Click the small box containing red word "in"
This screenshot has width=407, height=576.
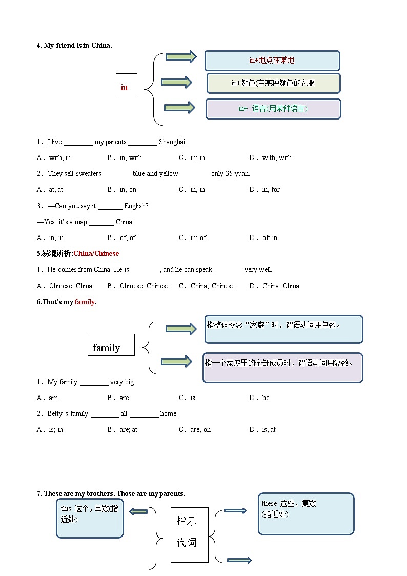click(126, 85)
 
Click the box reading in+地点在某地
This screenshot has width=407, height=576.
click(272, 61)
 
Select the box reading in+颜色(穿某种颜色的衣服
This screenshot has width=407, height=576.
click(273, 83)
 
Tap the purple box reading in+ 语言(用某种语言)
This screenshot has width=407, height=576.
click(273, 109)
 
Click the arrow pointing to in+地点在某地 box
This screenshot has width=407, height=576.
click(181, 57)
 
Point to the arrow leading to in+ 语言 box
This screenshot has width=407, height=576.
click(179, 107)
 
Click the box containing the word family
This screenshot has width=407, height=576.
click(111, 345)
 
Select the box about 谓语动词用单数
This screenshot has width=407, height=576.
click(283, 329)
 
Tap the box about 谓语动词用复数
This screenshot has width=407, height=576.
click(282, 367)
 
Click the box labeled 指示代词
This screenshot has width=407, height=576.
click(189, 534)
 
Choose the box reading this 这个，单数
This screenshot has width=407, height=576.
click(90, 518)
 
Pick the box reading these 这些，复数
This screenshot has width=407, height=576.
click(306, 513)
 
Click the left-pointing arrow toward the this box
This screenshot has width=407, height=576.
click(138, 511)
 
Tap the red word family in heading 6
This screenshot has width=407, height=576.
click(85, 302)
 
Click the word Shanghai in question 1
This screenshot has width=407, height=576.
click(172, 142)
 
